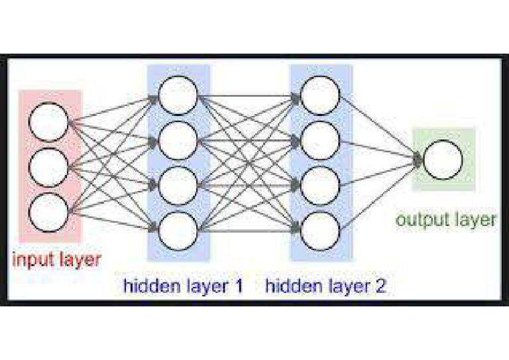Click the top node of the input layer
point(49,123)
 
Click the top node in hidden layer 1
point(178,95)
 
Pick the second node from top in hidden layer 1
point(178,140)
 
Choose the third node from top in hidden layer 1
point(178,184)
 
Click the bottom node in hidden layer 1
point(178,229)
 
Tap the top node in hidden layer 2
point(321,95)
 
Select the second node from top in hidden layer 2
point(321,140)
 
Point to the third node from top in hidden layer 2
point(321,184)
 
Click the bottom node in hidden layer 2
point(321,229)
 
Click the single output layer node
point(443,160)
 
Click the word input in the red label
point(34,259)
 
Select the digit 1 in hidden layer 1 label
point(237,286)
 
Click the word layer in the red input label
point(80,259)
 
